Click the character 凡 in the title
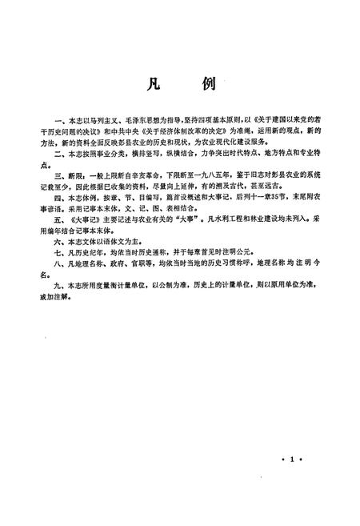[x=154, y=86]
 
